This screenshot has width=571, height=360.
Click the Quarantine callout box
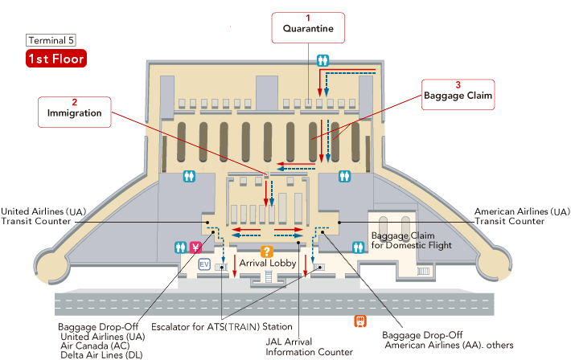308,27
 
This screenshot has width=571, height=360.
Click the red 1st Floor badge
55,59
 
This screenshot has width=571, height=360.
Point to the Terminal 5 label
51,40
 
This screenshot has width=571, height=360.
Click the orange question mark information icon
269,251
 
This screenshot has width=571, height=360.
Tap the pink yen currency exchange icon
194,247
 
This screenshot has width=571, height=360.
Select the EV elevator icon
204,264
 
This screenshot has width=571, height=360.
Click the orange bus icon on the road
361,321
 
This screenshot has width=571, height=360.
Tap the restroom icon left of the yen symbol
180,247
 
